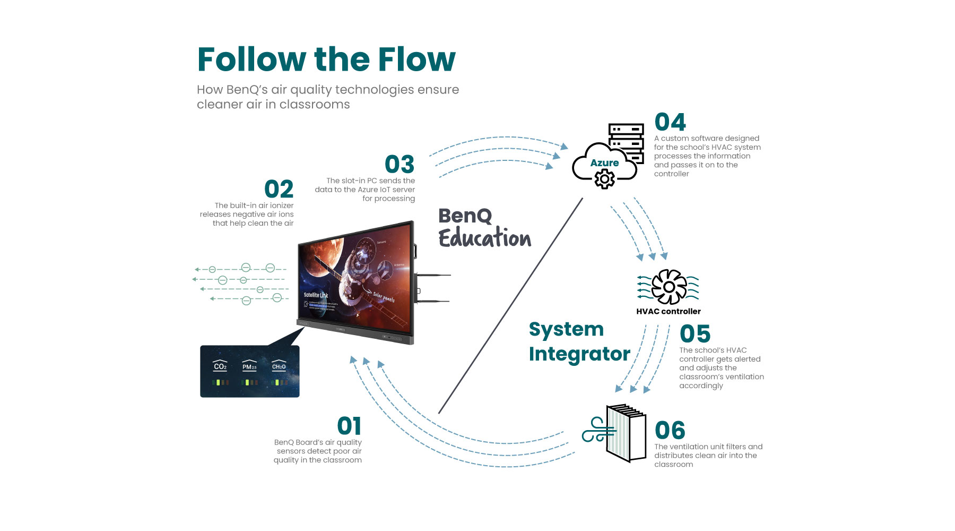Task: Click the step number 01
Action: point(349,426)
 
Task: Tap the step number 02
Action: point(279,190)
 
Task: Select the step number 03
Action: point(400,165)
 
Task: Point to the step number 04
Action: point(670,123)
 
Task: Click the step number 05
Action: point(694,335)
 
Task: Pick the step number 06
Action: point(670,431)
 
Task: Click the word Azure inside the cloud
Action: point(604,163)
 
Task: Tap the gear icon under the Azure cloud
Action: point(604,179)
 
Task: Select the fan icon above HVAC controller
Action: point(668,287)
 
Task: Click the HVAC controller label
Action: point(668,312)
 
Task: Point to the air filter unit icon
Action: point(626,433)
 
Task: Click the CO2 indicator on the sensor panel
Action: point(220,366)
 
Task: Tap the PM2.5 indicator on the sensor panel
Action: point(249,366)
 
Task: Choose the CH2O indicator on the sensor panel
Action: point(279,366)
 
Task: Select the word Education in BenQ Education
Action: point(484,238)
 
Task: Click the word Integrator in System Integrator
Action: point(579,354)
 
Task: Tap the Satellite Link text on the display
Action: point(316,295)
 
